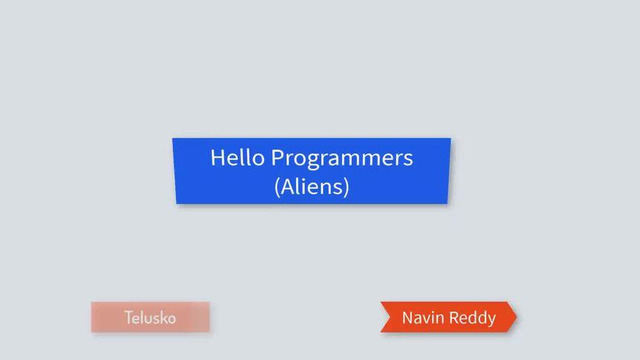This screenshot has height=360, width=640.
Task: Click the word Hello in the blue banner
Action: pyautogui.click(x=237, y=157)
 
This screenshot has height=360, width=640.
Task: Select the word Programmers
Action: pyautogui.click(x=342, y=159)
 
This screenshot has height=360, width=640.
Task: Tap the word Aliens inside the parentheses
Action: pyautogui.click(x=312, y=186)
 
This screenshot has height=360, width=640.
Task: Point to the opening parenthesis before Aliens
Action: pyautogui.click(x=277, y=187)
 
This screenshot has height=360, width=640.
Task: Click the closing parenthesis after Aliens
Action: pyautogui.click(x=347, y=187)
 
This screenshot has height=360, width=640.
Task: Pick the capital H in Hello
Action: pyautogui.click(x=218, y=158)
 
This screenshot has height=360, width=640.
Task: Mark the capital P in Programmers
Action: pyautogui.click(x=277, y=158)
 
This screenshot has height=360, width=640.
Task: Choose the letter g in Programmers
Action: pyautogui.click(x=313, y=161)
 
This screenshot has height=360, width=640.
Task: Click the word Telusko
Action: pyautogui.click(x=150, y=318)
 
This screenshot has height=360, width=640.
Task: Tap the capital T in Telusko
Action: pyautogui.click(x=129, y=318)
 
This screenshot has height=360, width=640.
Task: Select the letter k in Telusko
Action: pyautogui.click(x=162, y=318)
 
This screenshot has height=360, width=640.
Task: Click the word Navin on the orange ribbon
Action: pyautogui.click(x=423, y=318)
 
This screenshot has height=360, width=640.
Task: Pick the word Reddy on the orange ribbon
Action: pyautogui.click(x=473, y=319)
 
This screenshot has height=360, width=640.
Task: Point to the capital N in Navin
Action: pyautogui.click(x=407, y=318)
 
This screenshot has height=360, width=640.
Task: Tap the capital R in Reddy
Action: pyautogui.click(x=454, y=318)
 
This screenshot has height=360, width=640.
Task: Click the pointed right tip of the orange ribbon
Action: pyautogui.click(x=516, y=317)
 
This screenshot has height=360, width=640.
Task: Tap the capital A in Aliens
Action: pyautogui.click(x=287, y=187)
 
